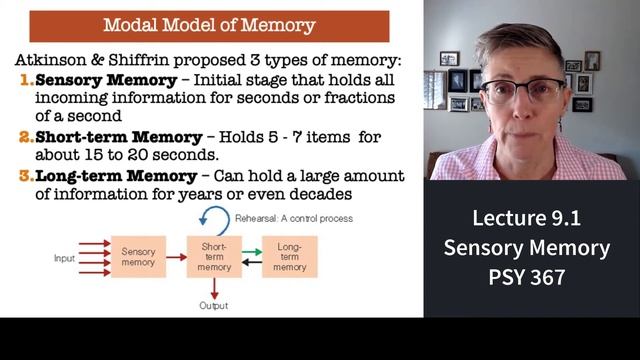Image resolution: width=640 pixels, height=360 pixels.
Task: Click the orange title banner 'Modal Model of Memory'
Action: (x=209, y=26)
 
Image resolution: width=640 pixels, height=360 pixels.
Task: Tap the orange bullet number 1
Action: (x=27, y=80)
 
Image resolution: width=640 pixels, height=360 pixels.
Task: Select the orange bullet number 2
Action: (x=27, y=137)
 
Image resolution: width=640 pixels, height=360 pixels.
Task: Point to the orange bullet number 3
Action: (x=27, y=176)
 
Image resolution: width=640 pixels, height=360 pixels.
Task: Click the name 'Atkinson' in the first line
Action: (x=51, y=60)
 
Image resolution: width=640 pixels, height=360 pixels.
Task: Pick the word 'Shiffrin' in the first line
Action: (x=139, y=60)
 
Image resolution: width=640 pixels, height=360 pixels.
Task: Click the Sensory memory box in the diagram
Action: (x=138, y=257)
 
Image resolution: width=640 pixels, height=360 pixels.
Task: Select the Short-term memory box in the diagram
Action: (x=214, y=257)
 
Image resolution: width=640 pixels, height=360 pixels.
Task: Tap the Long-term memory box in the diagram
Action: (x=290, y=257)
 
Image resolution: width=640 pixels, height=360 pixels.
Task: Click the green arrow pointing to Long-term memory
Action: (x=252, y=252)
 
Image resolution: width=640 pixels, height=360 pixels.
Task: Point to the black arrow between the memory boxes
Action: (x=252, y=262)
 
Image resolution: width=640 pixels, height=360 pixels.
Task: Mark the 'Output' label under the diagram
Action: (x=213, y=306)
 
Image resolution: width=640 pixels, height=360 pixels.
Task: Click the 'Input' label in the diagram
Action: (x=64, y=258)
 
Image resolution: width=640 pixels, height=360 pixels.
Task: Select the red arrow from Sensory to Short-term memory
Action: (x=176, y=257)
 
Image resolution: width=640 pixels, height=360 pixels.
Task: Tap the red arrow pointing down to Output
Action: (x=214, y=289)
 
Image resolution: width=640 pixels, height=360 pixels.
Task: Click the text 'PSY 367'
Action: (x=527, y=277)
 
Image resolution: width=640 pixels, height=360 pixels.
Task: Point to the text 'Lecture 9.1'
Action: (x=527, y=218)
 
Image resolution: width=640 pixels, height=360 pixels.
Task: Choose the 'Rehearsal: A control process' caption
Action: (x=294, y=219)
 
